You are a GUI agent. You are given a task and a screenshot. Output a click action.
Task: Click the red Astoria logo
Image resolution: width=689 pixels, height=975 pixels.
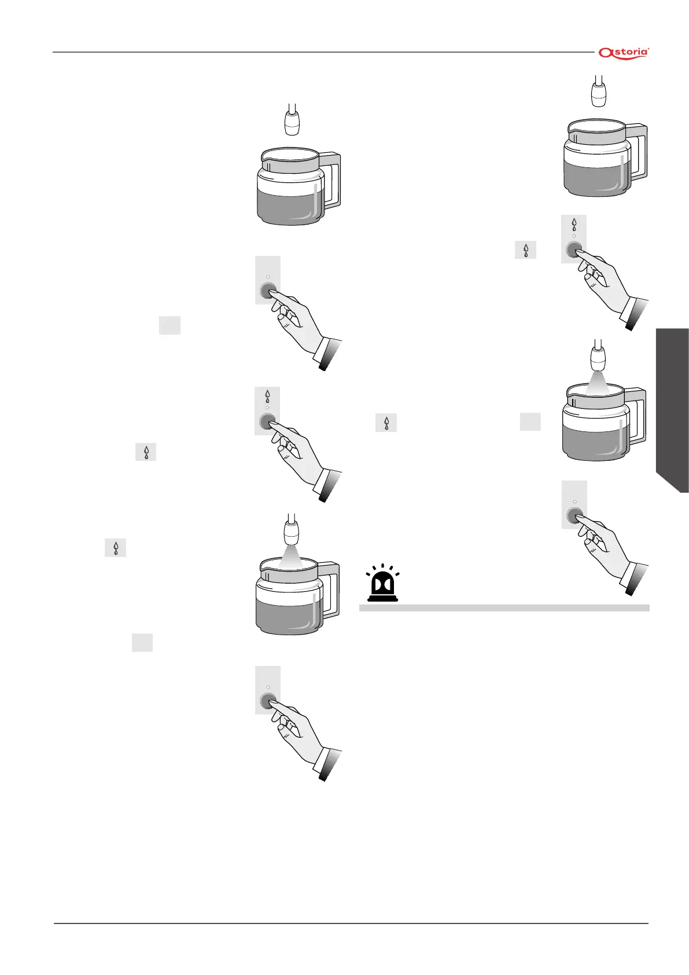coord(624,53)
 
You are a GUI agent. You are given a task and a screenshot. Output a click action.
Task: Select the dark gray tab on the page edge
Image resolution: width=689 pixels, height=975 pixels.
coord(672,410)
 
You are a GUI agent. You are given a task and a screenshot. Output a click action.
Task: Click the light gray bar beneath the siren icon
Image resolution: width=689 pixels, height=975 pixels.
coord(504,608)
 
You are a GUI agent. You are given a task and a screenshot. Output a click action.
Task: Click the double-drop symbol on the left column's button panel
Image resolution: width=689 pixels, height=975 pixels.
coord(267,397)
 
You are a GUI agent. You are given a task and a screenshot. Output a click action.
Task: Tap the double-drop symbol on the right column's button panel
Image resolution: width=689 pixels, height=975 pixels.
coord(574,225)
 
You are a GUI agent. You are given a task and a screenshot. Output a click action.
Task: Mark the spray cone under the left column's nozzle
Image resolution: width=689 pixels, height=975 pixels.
coord(292,556)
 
